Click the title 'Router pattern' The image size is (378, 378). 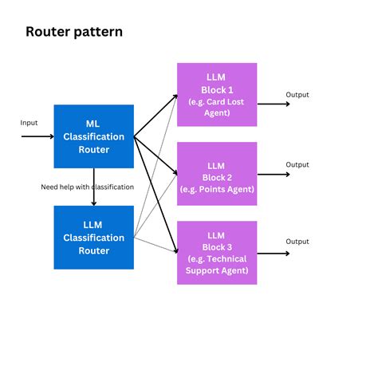[74, 33]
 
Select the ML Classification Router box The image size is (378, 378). [93, 136]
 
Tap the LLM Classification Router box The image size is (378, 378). [93, 238]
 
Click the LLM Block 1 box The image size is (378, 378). [217, 94]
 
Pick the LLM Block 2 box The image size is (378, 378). [217, 173]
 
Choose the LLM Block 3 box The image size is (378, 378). [217, 252]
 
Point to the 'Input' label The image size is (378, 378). [30, 123]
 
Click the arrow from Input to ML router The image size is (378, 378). [37, 136]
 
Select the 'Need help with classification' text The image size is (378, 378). [87, 187]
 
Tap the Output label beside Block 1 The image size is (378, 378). [297, 95]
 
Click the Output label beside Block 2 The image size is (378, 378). [297, 164]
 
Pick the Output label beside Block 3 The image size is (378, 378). [297, 242]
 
